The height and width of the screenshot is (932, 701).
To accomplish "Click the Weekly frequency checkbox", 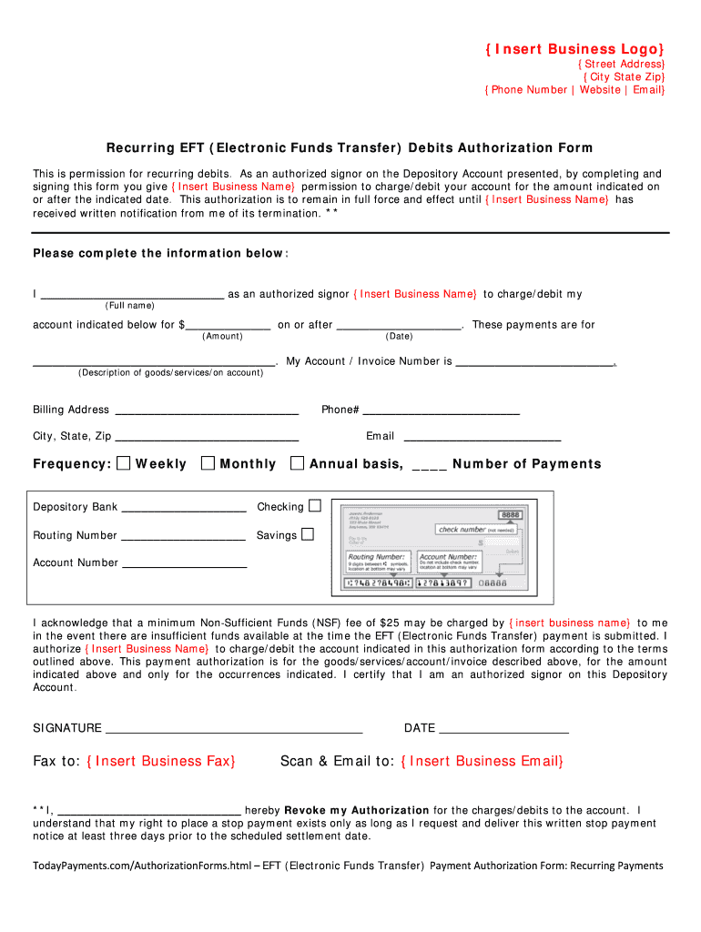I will (124, 463).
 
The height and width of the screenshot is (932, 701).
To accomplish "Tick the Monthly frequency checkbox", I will (208, 463).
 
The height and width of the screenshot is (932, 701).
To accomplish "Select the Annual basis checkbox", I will (297, 463).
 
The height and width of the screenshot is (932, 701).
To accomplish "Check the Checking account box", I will (315, 505).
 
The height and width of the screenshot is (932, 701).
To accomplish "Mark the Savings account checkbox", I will (308, 533).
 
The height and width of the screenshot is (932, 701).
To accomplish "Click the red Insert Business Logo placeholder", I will (574, 48).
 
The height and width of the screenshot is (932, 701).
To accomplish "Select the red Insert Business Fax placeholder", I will (161, 761).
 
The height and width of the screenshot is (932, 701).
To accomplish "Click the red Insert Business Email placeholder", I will (482, 761).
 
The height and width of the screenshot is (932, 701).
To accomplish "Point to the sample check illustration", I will (429, 547).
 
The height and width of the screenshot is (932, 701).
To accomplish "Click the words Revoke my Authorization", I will (357, 810).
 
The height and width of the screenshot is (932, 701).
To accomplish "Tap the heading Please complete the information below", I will (160, 253).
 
